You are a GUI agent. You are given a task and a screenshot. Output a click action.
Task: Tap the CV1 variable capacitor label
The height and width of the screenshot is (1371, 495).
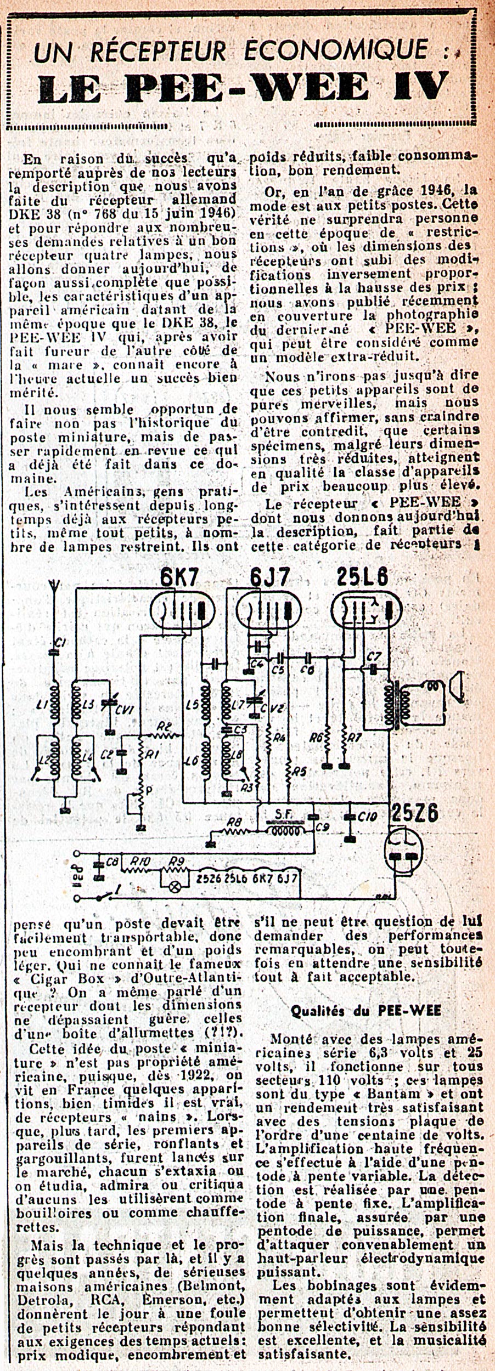coord(121,707)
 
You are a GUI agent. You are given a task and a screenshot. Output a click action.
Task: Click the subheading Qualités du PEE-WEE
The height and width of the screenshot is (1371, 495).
coord(365,1011)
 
